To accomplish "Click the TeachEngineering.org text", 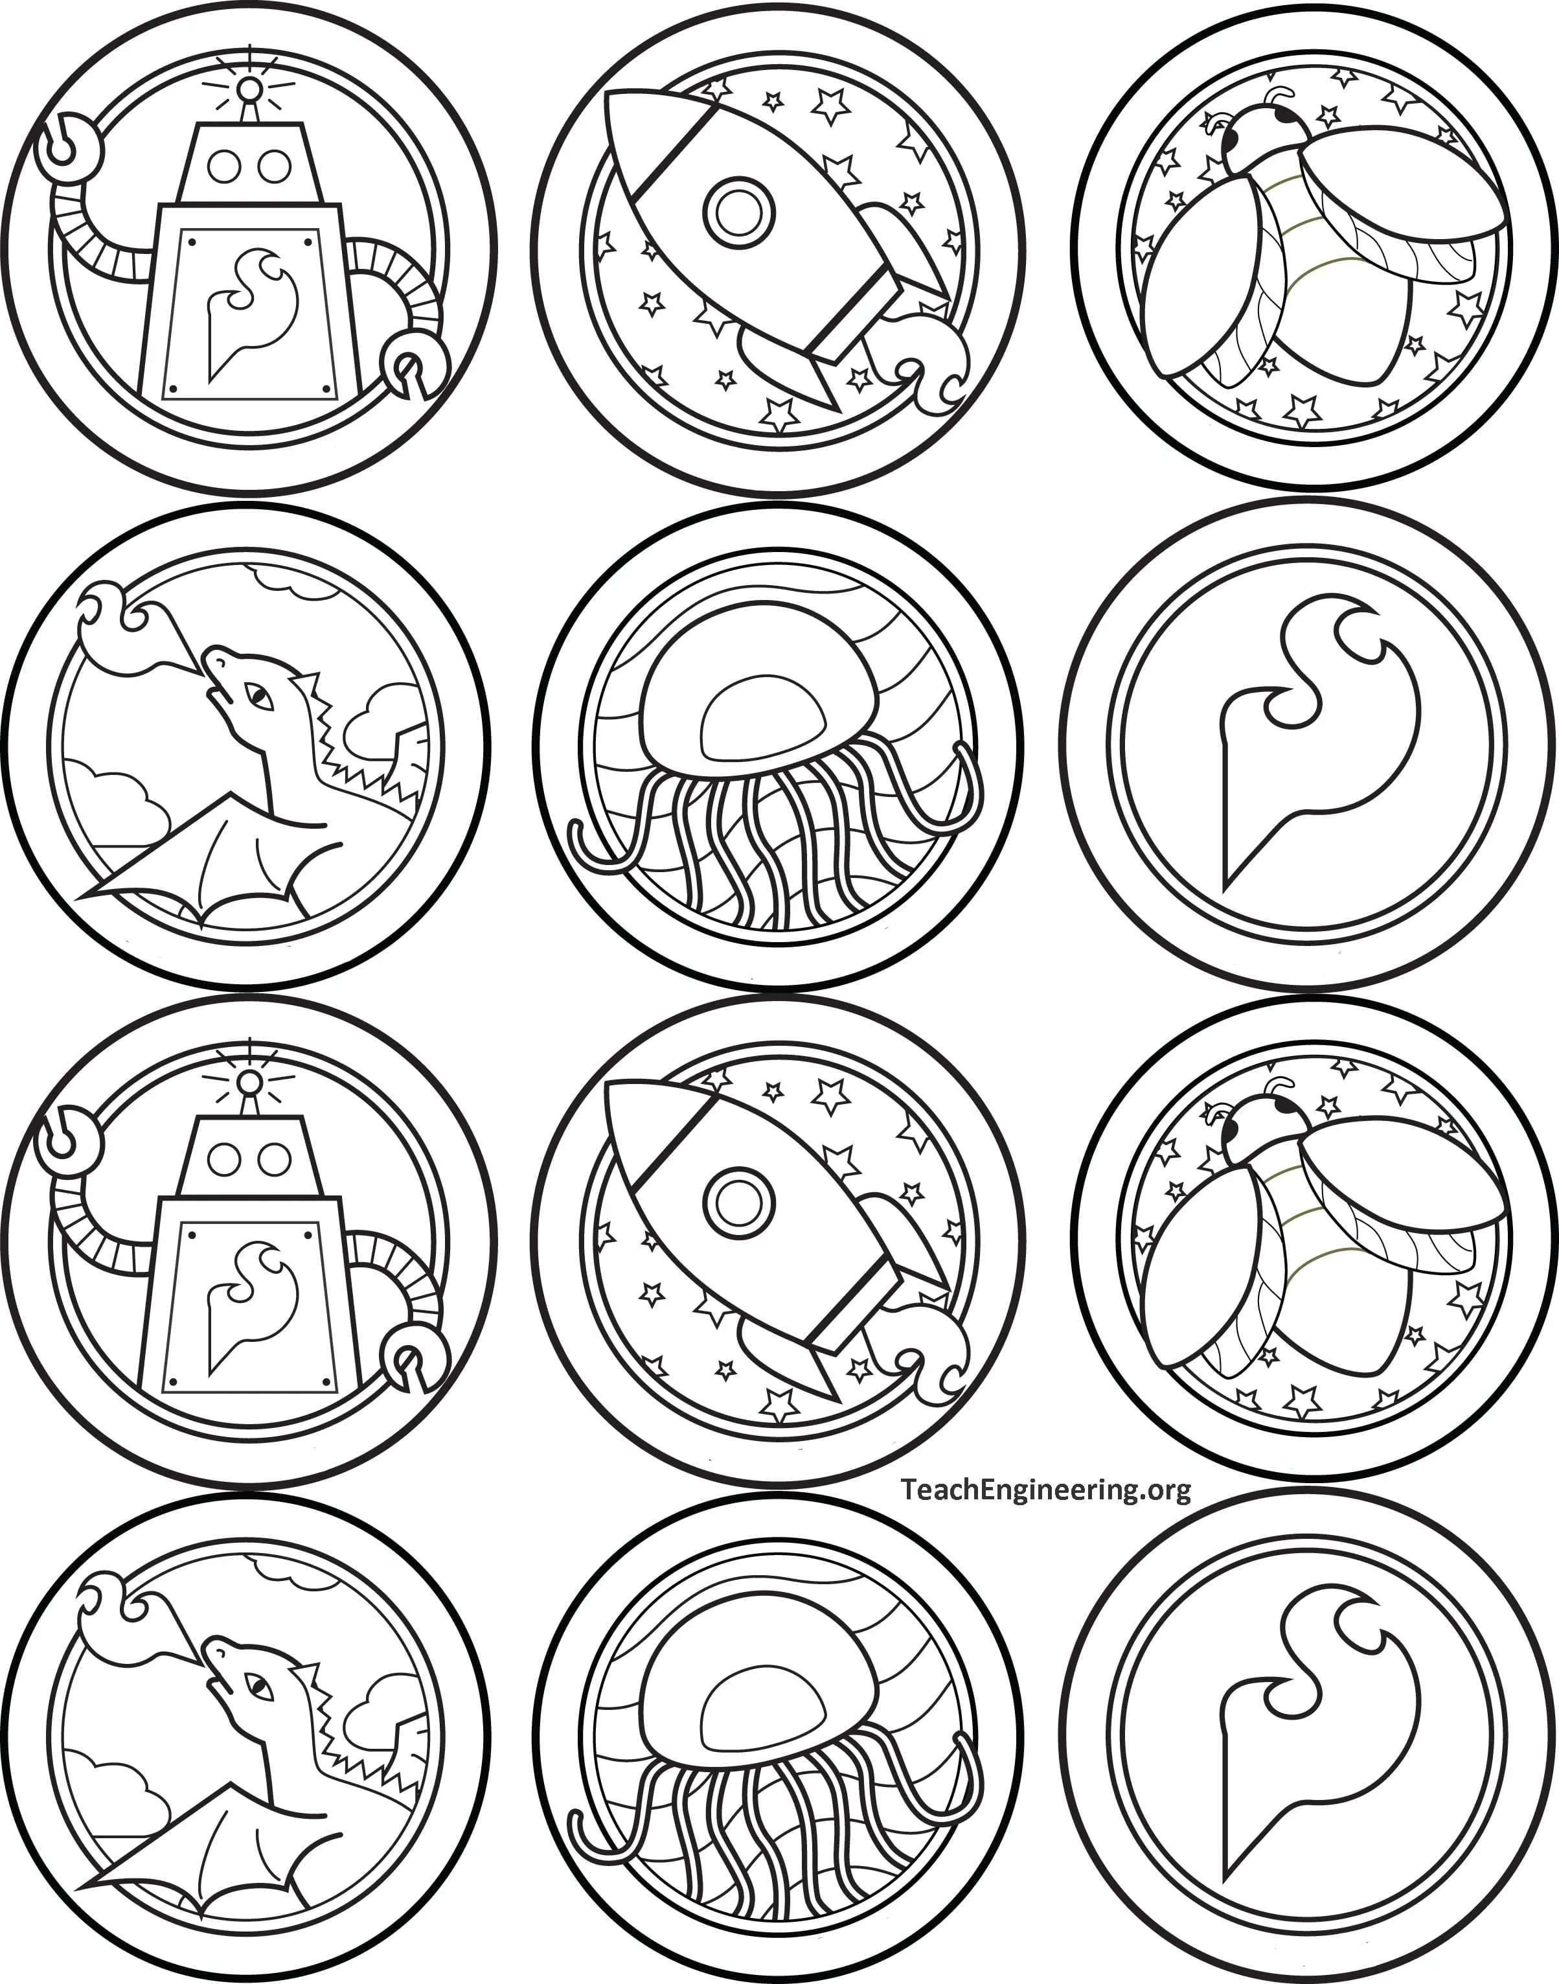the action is click(x=1046, y=1491).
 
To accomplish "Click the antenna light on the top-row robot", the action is click(x=248, y=89).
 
